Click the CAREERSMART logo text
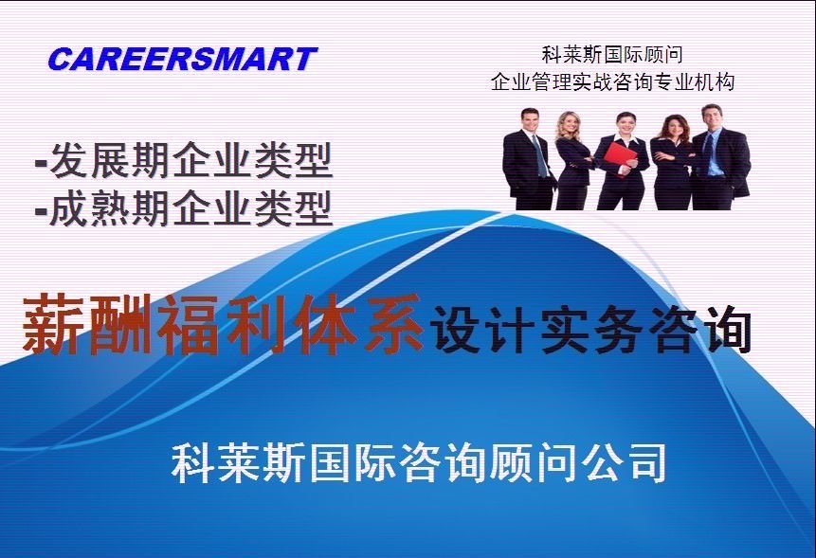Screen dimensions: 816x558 coord(182,59)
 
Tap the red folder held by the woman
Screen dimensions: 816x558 coord(623,159)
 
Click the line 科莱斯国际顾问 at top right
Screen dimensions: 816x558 coord(612,55)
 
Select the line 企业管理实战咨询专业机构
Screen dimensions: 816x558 coord(612,82)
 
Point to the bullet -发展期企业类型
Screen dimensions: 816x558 coord(183,160)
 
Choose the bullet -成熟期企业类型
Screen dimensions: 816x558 coord(183,208)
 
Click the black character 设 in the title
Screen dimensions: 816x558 coord(454,328)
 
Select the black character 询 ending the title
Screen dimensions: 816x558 coord(725,328)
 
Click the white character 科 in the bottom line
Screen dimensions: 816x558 coord(192,462)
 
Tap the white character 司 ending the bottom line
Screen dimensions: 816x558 coord(645,462)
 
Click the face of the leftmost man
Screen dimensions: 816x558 coord(530,119)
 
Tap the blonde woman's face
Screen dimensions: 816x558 coord(568,125)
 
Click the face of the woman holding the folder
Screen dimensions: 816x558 coord(624,124)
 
